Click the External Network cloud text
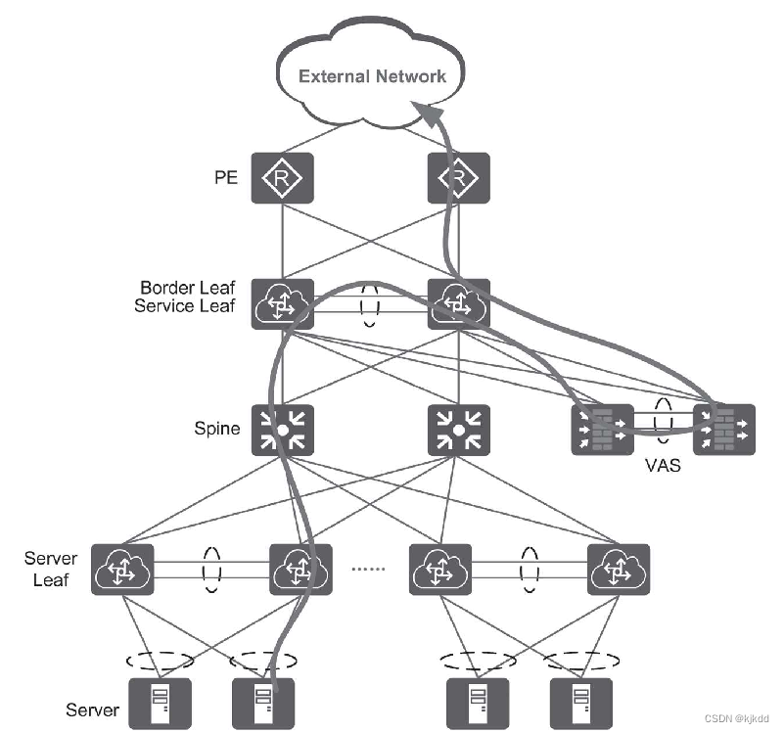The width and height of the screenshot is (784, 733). pos(372,76)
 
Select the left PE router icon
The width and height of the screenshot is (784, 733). pos(282,178)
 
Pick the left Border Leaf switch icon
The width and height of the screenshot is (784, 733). pos(282,304)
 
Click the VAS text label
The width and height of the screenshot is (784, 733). pos(662,467)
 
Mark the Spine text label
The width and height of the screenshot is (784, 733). pos(217,429)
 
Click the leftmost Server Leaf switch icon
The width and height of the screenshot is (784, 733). pos(123,569)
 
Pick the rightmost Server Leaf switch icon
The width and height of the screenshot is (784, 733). pos(619,569)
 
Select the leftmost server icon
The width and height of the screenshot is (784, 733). pos(158,703)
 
